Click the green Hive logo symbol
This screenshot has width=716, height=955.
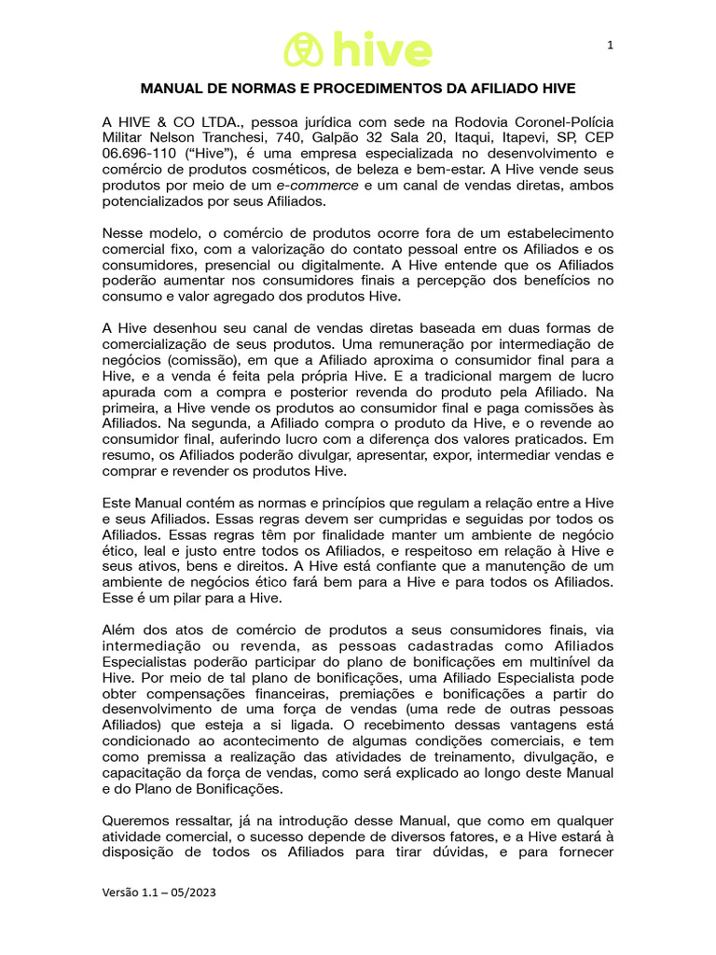tap(303, 49)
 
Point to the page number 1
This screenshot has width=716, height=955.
tap(610, 45)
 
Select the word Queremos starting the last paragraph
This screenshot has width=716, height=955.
tap(137, 820)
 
